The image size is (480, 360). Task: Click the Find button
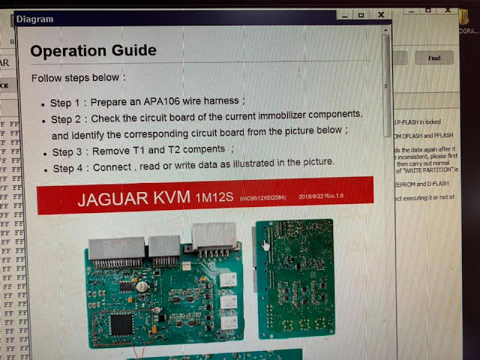click(x=434, y=58)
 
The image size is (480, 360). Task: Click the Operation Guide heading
click(x=94, y=50)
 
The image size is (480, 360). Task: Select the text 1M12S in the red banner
click(x=215, y=199)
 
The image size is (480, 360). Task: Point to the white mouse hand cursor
click(x=265, y=245)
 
